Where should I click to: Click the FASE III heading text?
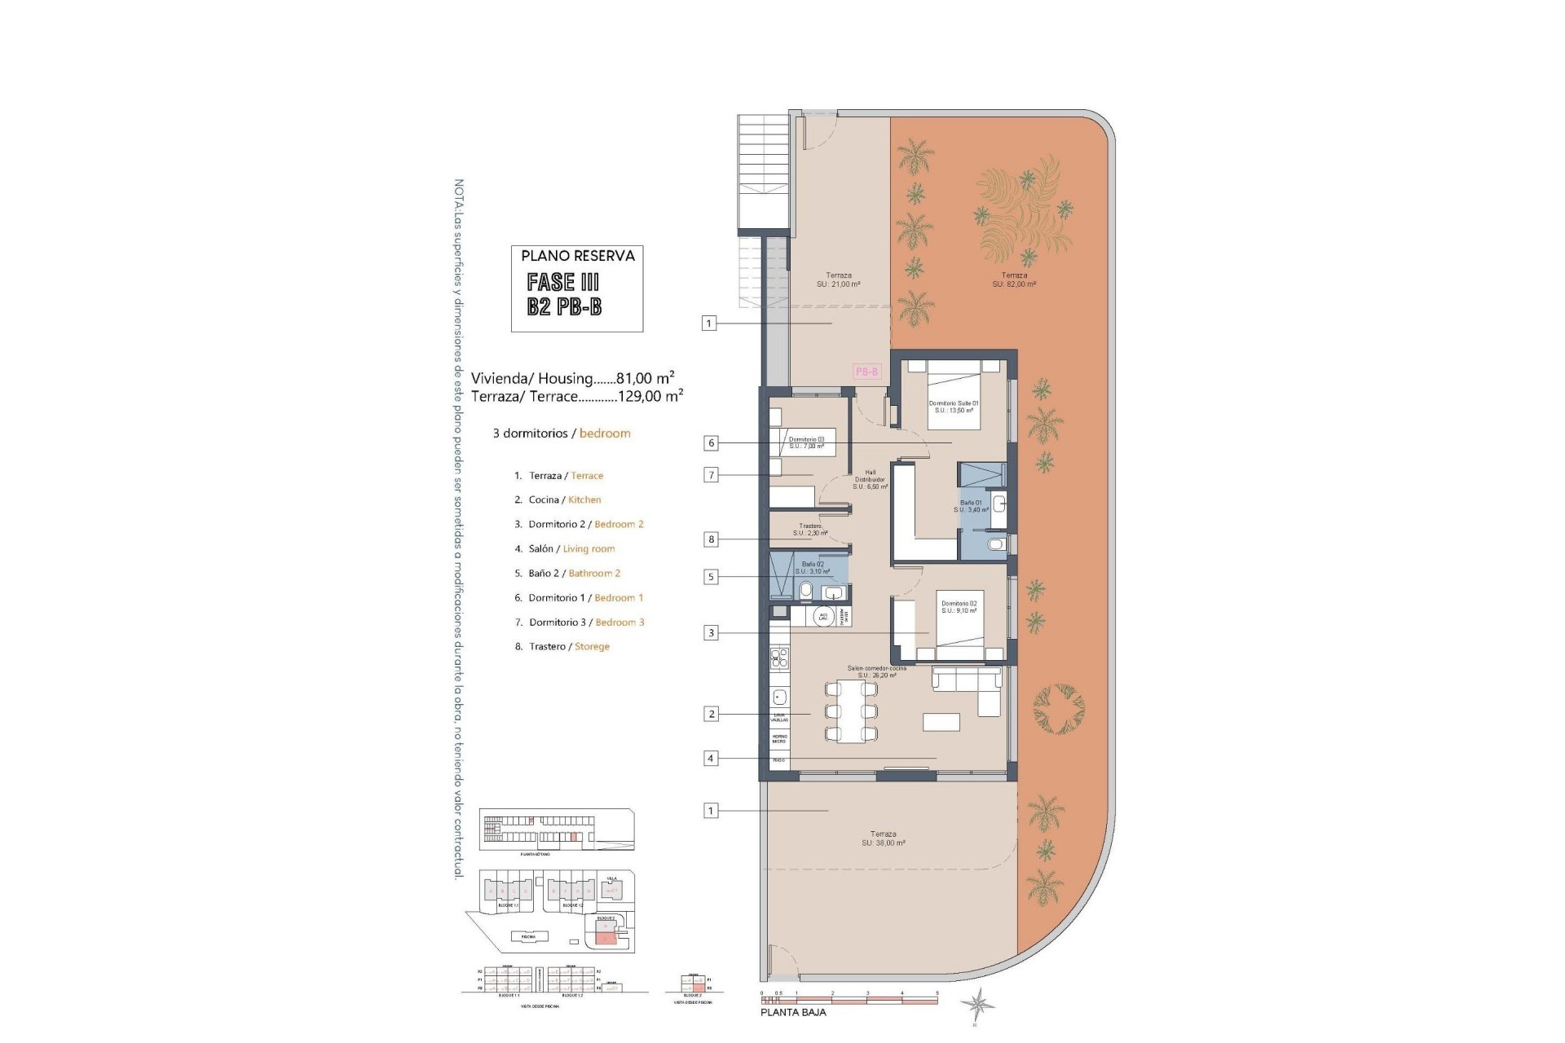click(x=563, y=282)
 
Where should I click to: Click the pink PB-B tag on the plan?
click(x=866, y=372)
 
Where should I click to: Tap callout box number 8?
click(x=711, y=539)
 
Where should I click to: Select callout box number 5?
click(x=711, y=577)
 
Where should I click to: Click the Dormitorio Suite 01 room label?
click(x=954, y=407)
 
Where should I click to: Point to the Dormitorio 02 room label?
click(x=959, y=607)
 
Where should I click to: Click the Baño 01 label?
click(x=972, y=506)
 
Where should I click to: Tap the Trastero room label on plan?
click(x=810, y=530)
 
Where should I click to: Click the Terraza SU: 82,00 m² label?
click(x=1014, y=279)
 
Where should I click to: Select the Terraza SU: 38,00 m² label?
click(x=883, y=838)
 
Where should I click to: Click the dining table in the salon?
click(x=852, y=711)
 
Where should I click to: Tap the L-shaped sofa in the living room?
click(x=970, y=684)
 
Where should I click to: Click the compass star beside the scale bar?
click(x=976, y=1003)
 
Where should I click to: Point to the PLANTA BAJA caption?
click(x=793, y=1012)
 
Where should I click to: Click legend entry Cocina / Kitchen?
click(x=564, y=499)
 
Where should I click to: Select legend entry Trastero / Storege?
click(x=569, y=646)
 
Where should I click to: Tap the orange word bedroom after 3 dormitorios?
click(x=605, y=433)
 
